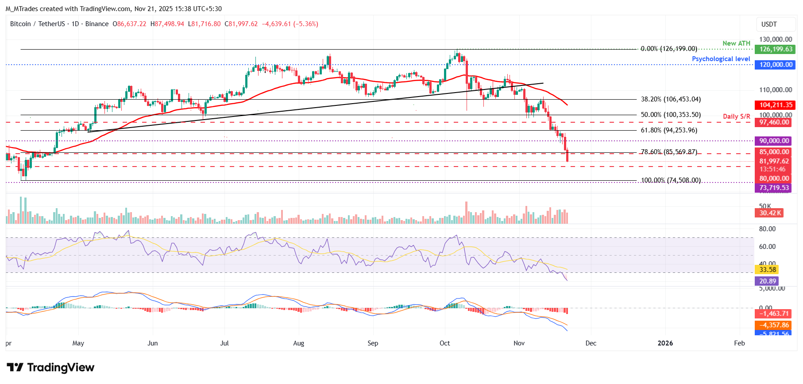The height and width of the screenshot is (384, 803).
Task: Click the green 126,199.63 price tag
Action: (x=775, y=49)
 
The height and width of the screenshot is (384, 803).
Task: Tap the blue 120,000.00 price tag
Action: (x=775, y=65)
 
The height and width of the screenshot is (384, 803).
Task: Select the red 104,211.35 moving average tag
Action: (x=775, y=105)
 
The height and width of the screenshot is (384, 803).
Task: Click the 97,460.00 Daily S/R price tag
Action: (x=773, y=122)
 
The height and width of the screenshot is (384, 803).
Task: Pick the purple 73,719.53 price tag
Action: (x=773, y=188)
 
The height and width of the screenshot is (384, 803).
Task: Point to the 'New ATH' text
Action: (x=736, y=43)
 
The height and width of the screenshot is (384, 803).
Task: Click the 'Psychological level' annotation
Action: (x=721, y=59)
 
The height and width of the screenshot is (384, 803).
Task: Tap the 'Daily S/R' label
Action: (x=737, y=116)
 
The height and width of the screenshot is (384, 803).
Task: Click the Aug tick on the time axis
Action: (x=299, y=343)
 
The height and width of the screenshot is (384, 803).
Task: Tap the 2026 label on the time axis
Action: (x=665, y=343)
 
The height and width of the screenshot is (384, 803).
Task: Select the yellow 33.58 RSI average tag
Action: (x=768, y=269)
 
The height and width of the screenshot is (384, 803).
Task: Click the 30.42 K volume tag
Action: (x=769, y=213)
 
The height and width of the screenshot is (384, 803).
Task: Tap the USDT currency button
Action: (x=769, y=24)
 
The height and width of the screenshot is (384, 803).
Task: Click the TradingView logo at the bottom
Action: (x=50, y=368)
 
